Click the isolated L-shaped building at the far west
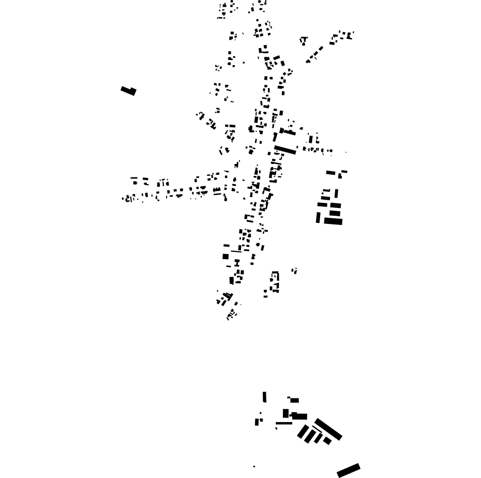pyautogui.click(x=128, y=91)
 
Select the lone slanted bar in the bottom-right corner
pyautogui.click(x=349, y=470)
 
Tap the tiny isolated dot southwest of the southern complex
pyautogui.click(x=254, y=467)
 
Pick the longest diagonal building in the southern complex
pyautogui.click(x=328, y=429)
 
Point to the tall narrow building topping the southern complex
pyautogui.click(x=264, y=397)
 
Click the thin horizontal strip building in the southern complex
pyautogui.click(x=284, y=423)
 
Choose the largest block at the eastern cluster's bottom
pyautogui.click(x=334, y=221)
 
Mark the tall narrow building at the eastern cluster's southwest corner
pyautogui.click(x=318, y=218)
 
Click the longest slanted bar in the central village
pyautogui.click(x=285, y=150)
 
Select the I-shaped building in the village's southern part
pyautogui.click(x=237, y=263)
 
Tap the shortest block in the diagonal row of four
pyautogui.click(x=327, y=441)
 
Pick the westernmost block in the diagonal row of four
pyautogui.click(x=303, y=431)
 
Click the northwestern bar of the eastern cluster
pyautogui.click(x=331, y=173)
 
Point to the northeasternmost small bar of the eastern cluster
pyautogui.click(x=344, y=171)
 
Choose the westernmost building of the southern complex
pyautogui.click(x=257, y=422)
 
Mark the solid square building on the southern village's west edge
pyautogui.click(x=226, y=256)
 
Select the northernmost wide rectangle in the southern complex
pyautogui.click(x=294, y=400)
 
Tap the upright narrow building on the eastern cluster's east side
pyautogui.click(x=336, y=193)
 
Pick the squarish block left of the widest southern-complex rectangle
pyautogui.click(x=285, y=413)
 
